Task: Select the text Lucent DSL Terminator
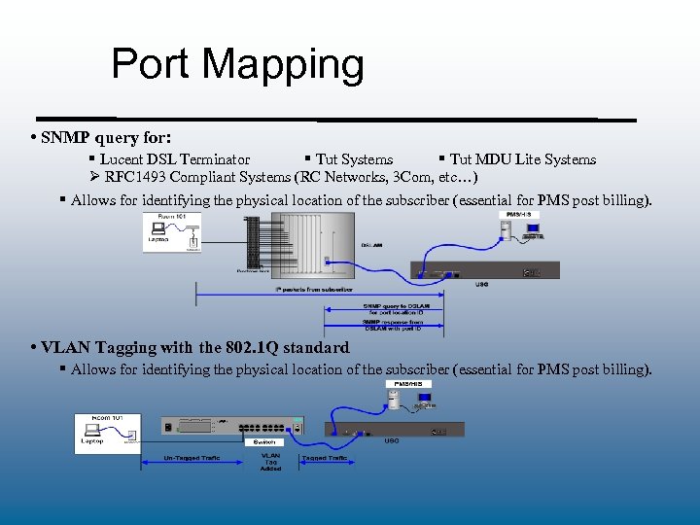tap(176, 159)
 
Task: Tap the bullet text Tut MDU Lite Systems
tap(522, 159)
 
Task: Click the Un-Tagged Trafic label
tap(192, 457)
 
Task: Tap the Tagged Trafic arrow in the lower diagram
tap(325, 457)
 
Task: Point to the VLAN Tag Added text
tap(270, 461)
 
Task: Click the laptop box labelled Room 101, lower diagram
tap(106, 434)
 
